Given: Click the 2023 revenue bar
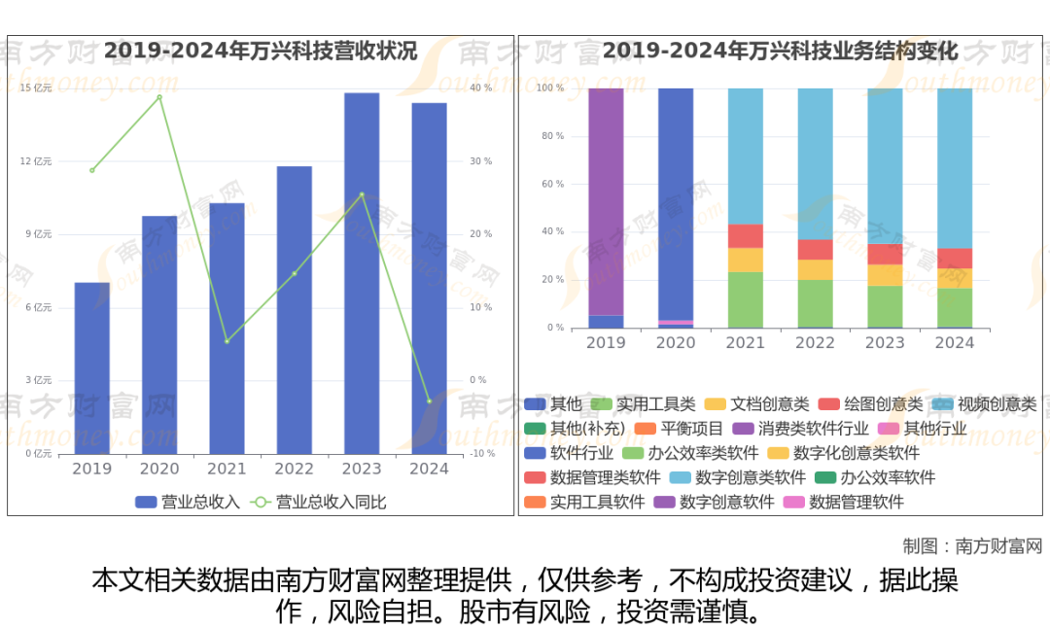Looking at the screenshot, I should coord(362,273).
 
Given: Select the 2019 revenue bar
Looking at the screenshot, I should coord(92,367).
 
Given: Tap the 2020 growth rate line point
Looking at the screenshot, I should coord(159,97).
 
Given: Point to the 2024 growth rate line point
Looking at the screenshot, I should coord(429,401).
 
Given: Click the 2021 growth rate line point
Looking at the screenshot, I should coord(227,341).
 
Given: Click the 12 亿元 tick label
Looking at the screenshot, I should coord(36,161).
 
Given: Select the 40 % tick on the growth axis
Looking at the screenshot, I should coord(481,88).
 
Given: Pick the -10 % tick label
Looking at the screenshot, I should coord(482,454).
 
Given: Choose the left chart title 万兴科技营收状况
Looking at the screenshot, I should coord(261,52).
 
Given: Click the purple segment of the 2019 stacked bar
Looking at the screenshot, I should coord(606,201).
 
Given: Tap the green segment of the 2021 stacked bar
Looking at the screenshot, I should coord(746,299).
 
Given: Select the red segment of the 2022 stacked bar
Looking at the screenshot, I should coord(816,250).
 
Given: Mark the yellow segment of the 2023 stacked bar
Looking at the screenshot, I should coord(885,275).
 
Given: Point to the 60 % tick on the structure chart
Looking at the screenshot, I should coord(551,184).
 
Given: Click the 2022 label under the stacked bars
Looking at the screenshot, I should coord(815,342).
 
